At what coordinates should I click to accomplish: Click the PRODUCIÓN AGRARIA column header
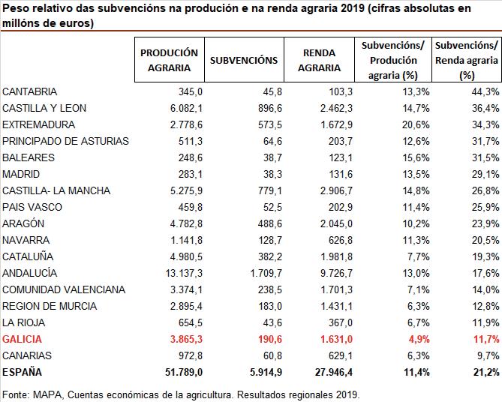169,60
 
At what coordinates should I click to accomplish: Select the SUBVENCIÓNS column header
244,60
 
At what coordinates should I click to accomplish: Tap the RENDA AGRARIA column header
319,60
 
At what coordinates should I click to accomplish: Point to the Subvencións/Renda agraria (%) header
467,60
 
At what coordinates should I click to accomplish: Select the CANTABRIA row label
30,91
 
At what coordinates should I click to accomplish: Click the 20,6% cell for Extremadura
414,124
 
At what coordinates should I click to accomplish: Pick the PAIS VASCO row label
32,207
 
